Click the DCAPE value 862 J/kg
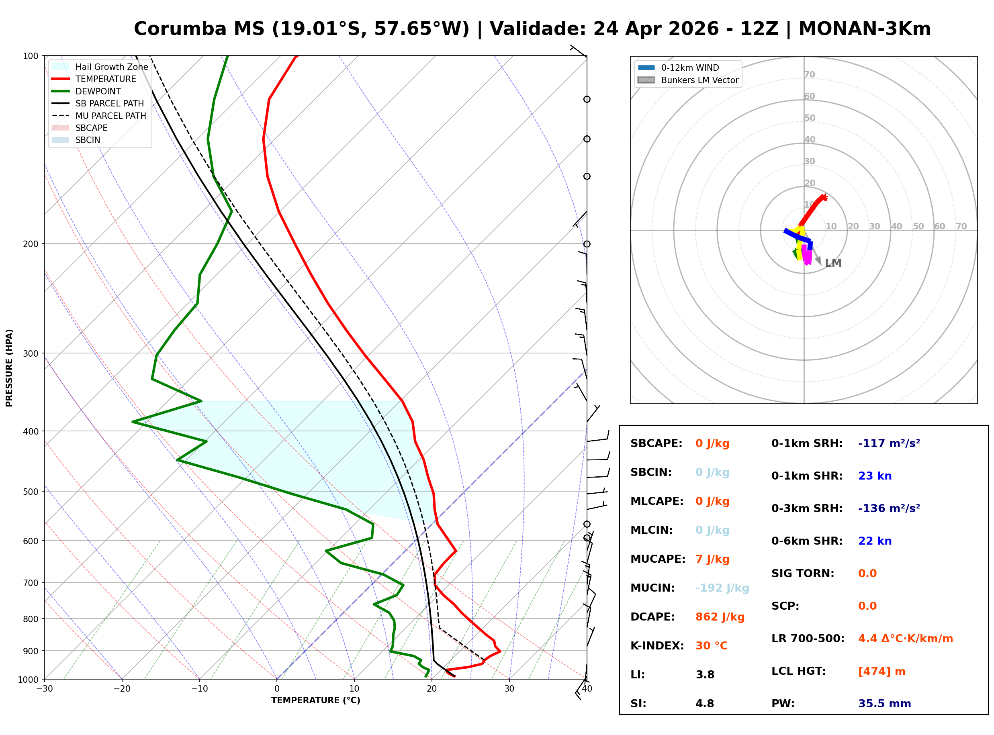point(720,617)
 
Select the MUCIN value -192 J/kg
point(722,588)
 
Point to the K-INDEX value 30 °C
point(711,646)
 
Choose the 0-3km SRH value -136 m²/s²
point(889,508)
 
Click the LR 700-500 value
point(905,639)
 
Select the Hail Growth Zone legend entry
point(111,67)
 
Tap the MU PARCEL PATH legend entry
point(110,116)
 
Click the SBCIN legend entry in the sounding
point(88,140)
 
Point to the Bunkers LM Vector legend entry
point(699,80)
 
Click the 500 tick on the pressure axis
point(31,492)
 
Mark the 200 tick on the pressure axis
point(31,244)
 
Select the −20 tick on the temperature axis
point(121,689)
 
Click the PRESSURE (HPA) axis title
point(9,368)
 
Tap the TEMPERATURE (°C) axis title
point(315,700)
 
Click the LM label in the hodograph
point(833,263)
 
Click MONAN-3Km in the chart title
point(864,29)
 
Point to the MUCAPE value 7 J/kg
point(712,559)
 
